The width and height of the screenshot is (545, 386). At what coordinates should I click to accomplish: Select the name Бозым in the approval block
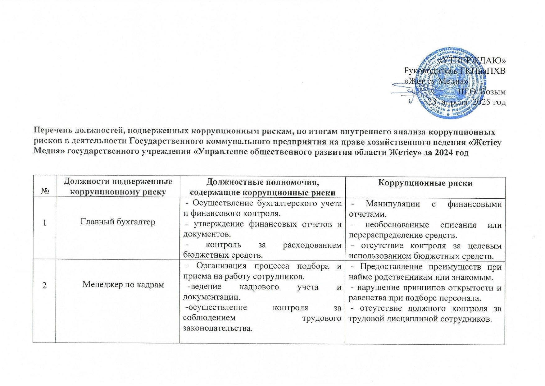tap(494, 92)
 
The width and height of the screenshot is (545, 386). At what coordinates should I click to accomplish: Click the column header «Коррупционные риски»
tap(425, 183)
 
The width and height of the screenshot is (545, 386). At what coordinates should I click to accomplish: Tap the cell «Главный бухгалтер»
tap(118, 222)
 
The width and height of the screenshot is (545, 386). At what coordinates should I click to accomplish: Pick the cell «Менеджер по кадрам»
tap(123, 284)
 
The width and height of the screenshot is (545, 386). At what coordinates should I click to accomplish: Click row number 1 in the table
tap(44, 223)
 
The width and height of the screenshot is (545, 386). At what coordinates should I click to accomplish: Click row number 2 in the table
tap(44, 285)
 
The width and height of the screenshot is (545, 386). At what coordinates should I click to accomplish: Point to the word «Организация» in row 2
tap(221, 266)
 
